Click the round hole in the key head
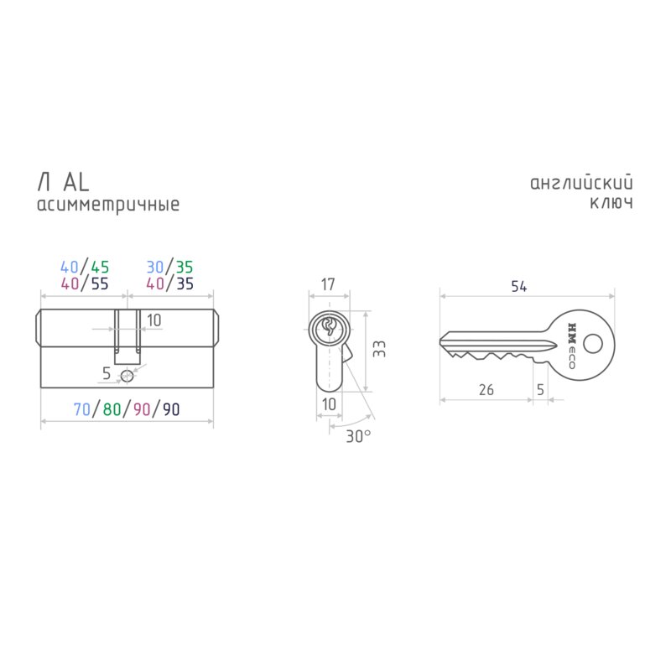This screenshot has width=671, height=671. (593, 344)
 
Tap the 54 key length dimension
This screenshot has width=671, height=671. (518, 286)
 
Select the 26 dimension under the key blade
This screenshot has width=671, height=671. (486, 390)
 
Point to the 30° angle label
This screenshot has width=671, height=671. (358, 436)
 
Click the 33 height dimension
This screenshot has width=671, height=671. (379, 349)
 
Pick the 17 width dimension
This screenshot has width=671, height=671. (328, 284)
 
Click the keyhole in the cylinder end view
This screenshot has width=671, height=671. (329, 327)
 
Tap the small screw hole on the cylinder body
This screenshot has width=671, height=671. (127, 376)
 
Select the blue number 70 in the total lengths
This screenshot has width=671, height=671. (81, 409)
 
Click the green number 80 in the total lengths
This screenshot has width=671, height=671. (112, 409)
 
